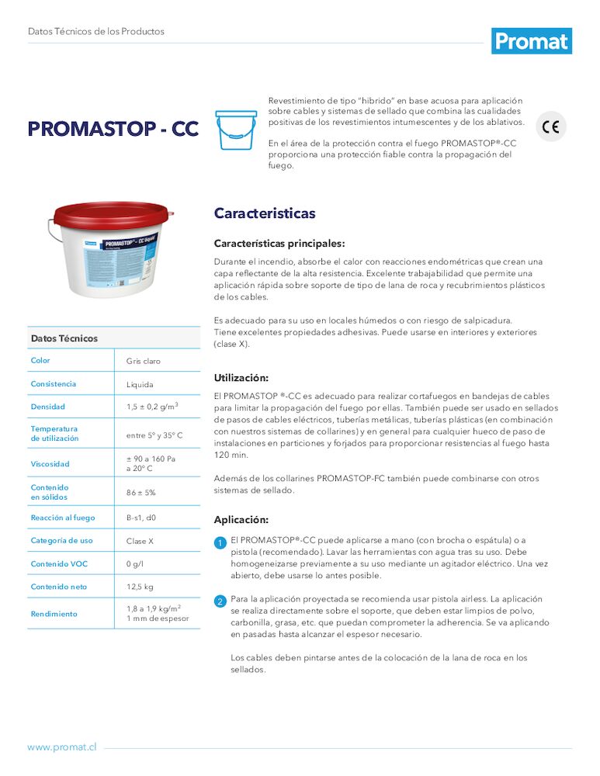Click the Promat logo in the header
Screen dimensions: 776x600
(531, 40)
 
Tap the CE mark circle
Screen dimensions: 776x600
(551, 126)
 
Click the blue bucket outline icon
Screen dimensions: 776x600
(236, 130)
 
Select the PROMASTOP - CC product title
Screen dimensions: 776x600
(113, 129)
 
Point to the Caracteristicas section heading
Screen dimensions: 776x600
(265, 213)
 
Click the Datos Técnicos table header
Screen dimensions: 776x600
(64, 338)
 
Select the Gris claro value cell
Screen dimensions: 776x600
(144, 362)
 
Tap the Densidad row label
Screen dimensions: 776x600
(48, 407)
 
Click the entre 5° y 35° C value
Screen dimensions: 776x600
(154, 435)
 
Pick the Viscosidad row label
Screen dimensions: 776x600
(50, 464)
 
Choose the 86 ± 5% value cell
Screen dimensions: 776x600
(141, 493)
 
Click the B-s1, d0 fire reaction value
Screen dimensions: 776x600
(141, 518)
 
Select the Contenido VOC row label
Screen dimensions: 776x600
(59, 564)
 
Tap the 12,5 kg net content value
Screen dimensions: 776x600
(140, 587)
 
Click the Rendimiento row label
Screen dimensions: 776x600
(54, 614)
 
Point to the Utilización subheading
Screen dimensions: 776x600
(241, 378)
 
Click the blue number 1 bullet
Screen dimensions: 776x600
(220, 542)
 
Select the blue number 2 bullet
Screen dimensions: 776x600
(220, 601)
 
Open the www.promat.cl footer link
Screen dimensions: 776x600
(62, 747)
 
